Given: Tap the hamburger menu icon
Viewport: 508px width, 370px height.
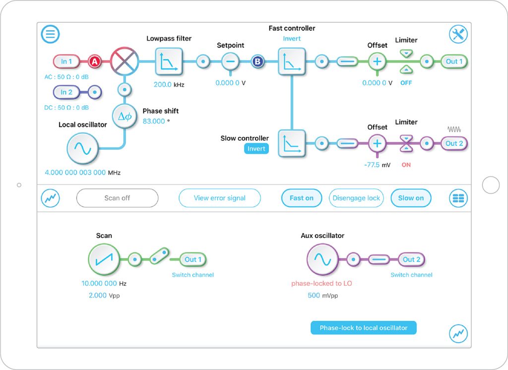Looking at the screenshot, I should click(51, 34).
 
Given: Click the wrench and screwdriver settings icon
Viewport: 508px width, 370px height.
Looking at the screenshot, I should click(458, 34).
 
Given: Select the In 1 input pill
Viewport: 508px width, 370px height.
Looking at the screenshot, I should click(66, 62).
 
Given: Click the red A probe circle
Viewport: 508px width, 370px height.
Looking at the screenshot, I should click(94, 62).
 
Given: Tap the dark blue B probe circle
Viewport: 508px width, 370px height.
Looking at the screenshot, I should click(257, 62).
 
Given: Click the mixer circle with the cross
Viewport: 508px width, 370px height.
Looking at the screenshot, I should click(124, 62).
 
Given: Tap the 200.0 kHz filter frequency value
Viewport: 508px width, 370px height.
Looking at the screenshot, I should click(162, 85).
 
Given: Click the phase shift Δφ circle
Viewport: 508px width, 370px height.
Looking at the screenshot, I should click(124, 117).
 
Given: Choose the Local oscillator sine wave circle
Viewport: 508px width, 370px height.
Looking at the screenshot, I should click(82, 148).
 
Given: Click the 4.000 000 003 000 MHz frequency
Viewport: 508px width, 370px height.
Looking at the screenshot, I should click(75, 173).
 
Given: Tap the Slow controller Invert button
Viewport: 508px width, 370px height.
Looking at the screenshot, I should click(256, 149).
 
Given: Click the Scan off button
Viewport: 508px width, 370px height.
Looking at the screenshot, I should click(117, 198).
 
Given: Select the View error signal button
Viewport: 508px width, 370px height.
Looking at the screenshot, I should click(219, 198).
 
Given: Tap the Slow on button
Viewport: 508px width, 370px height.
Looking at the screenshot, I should click(411, 198).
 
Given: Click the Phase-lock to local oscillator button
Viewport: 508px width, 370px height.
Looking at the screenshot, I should click(363, 328).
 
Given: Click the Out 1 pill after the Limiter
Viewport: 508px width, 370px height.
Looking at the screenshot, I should click(454, 62).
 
